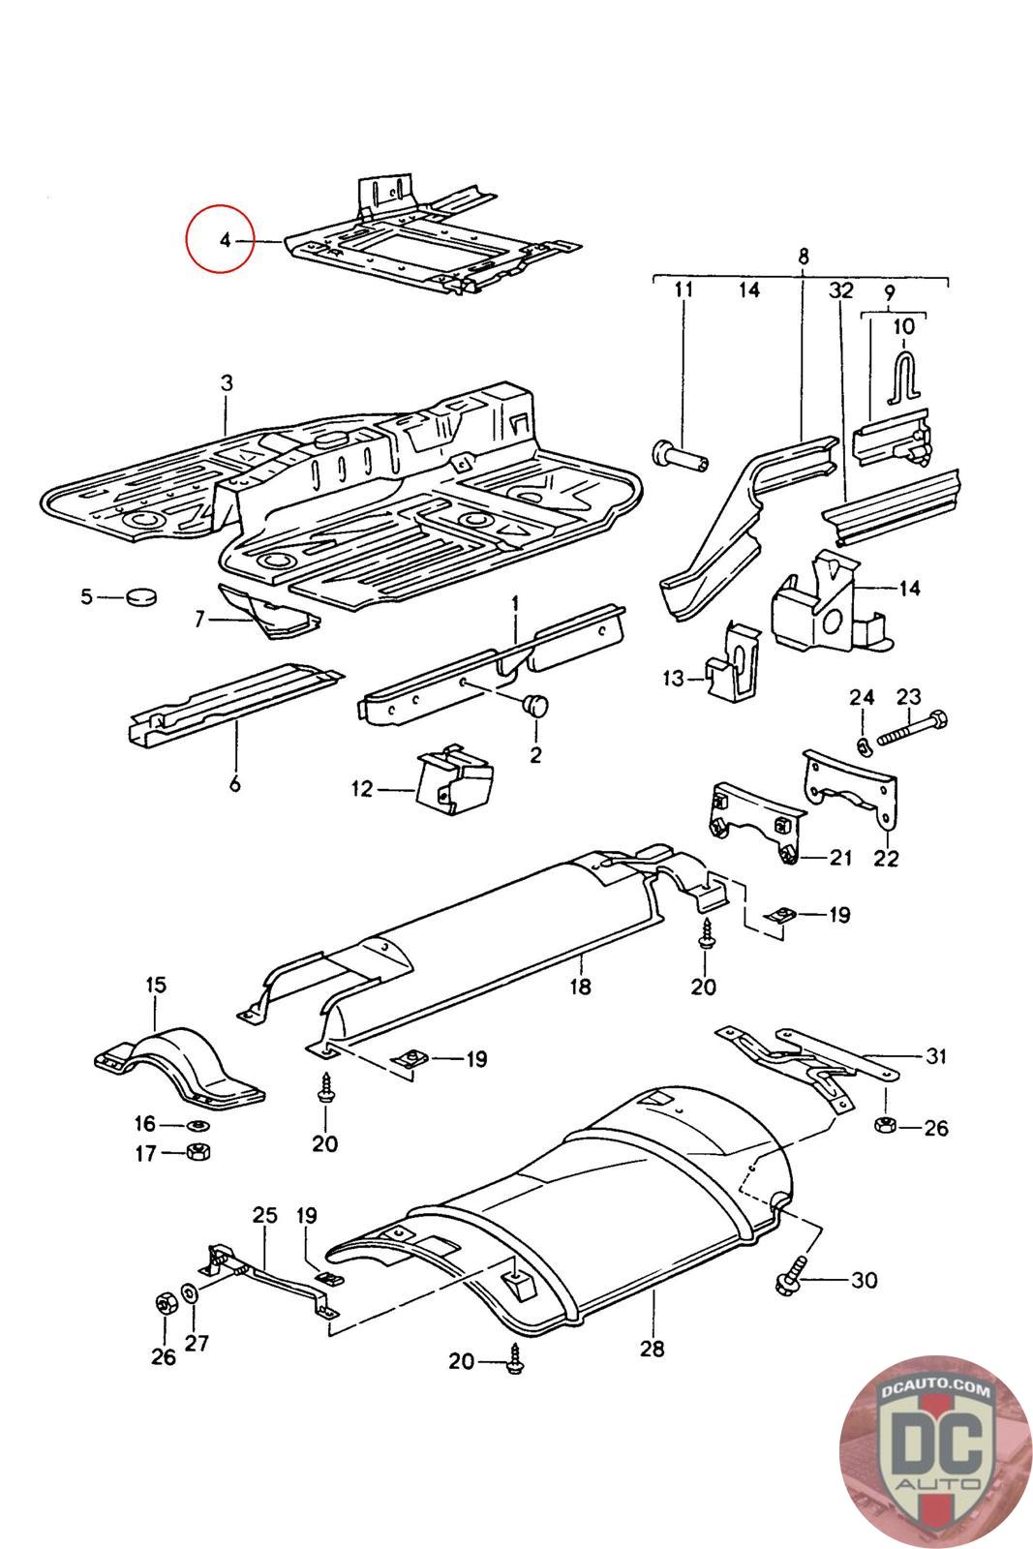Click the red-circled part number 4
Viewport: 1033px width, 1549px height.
click(225, 241)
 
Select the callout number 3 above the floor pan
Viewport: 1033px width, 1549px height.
click(227, 383)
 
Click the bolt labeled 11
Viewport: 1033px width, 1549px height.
click(681, 456)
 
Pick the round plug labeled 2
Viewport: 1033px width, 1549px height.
click(534, 706)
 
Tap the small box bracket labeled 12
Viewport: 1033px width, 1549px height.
click(455, 779)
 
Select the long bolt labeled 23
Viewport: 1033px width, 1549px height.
click(912, 728)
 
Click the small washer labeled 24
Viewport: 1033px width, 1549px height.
click(863, 746)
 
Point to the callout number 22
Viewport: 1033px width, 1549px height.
click(886, 858)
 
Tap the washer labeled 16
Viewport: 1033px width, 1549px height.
click(198, 1126)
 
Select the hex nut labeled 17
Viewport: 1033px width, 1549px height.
click(199, 1152)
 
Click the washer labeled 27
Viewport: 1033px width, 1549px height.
click(189, 1291)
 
